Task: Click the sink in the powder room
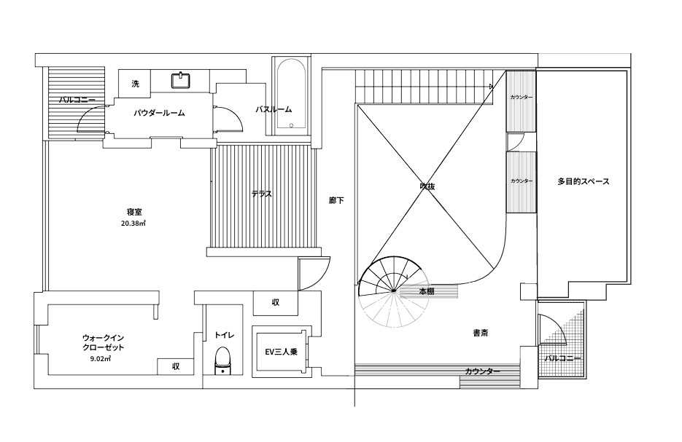[180, 80]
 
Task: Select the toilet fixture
[222, 360]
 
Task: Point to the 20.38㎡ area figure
[133, 224]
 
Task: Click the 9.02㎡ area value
[101, 359]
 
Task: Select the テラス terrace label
[261, 194]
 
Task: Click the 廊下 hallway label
[336, 200]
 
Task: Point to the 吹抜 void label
[427, 186]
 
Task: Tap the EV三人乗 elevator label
[282, 352]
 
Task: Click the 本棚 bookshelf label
[427, 291]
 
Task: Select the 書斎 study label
[481, 333]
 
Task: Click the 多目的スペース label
[584, 181]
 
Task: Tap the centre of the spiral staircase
[393, 290]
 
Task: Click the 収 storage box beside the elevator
[276, 303]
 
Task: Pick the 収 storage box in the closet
[176, 366]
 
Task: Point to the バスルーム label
[273, 109]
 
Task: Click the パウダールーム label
[159, 113]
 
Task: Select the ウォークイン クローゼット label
[103, 342]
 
